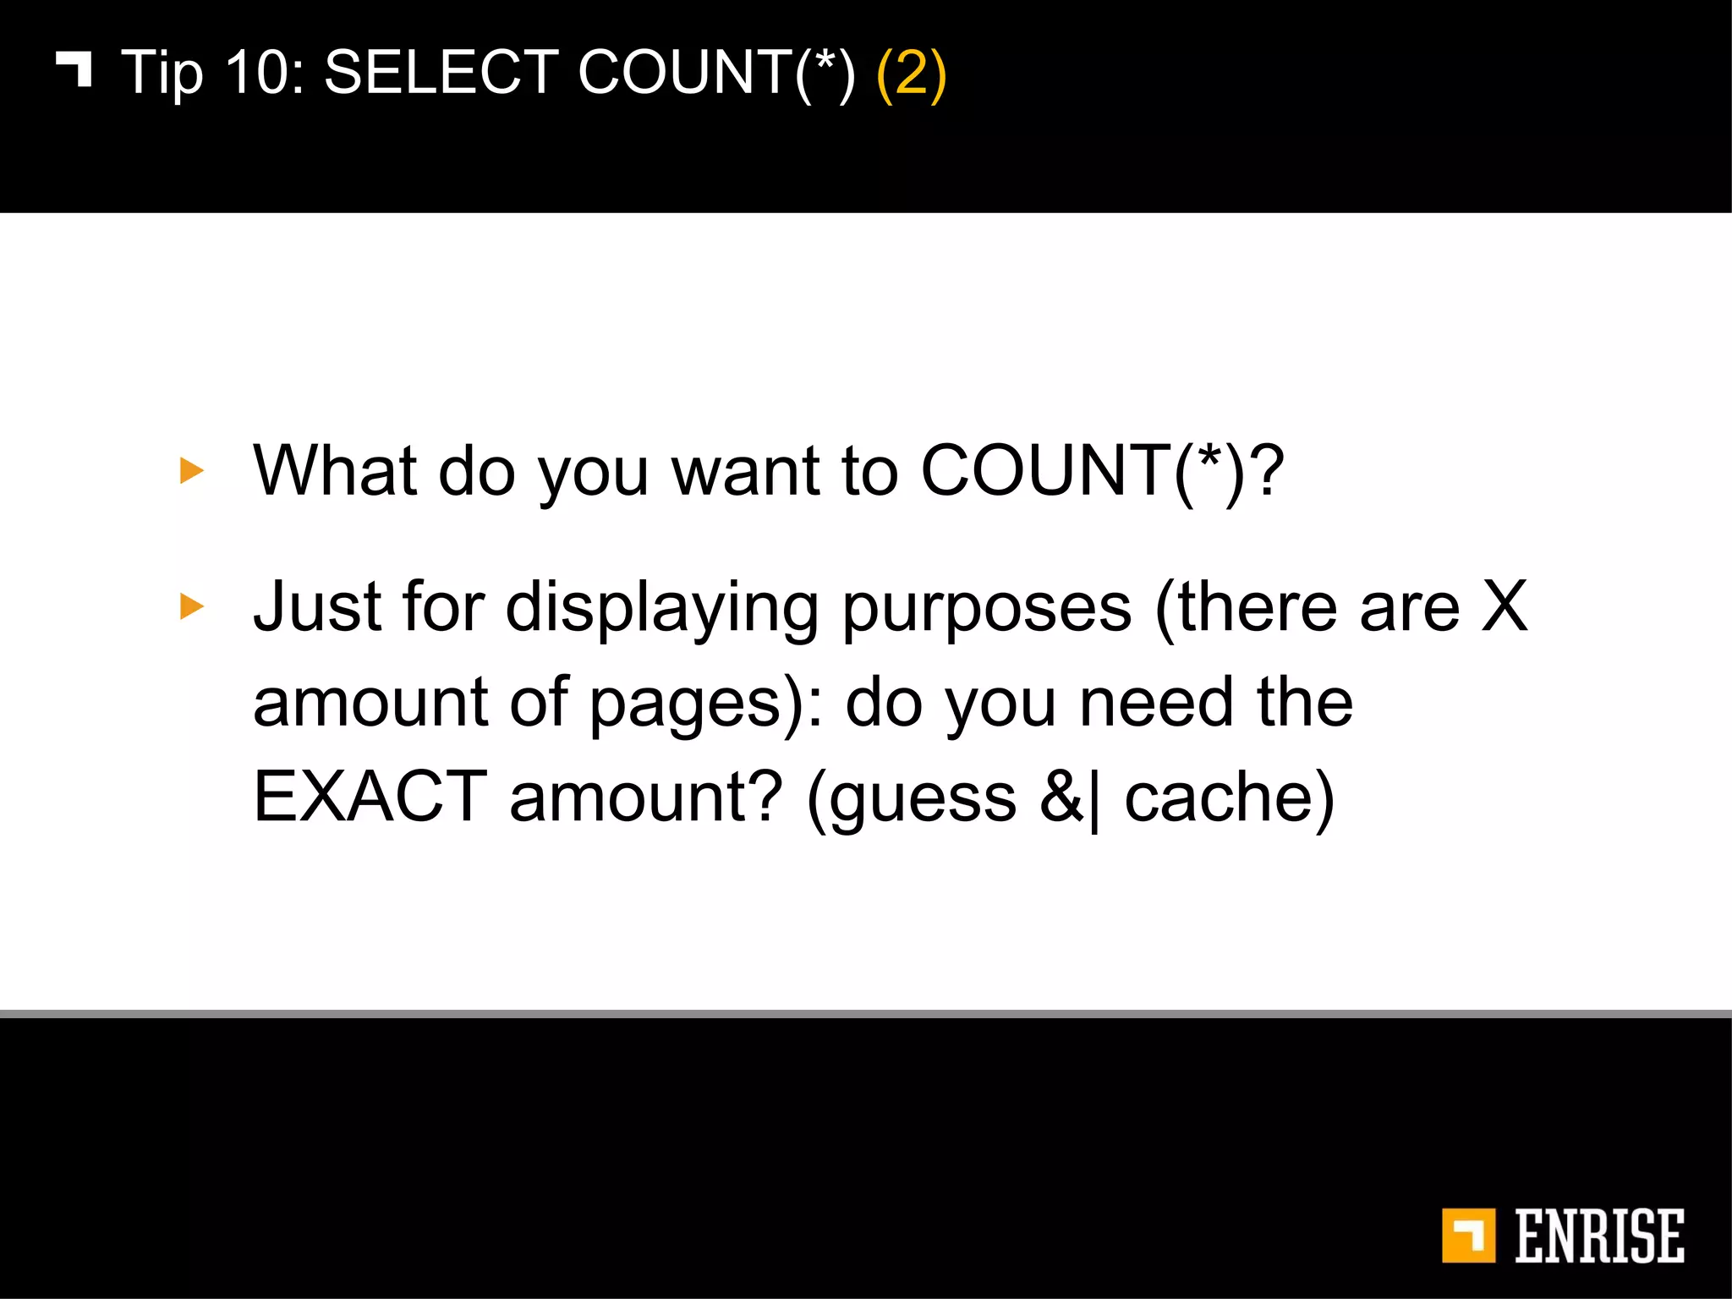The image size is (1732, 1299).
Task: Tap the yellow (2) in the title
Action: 911,74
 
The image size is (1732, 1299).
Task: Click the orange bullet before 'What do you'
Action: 192,471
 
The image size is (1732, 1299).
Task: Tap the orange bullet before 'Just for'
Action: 192,606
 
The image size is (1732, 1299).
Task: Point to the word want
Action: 745,471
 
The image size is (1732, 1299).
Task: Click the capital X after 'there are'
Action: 1505,606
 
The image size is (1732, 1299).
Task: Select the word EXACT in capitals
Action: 370,797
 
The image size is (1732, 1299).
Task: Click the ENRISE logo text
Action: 1599,1236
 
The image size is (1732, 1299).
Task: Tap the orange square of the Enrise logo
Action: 1468,1236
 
